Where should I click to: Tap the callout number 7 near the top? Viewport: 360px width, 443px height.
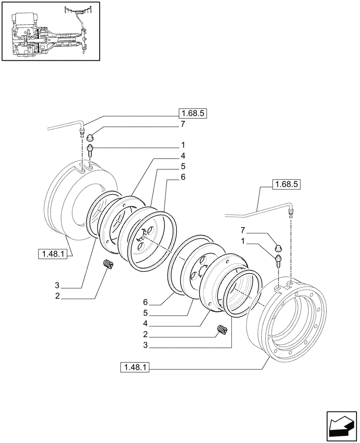click(182, 124)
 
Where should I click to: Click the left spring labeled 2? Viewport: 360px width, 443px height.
click(108, 264)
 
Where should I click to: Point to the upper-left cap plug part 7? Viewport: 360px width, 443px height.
click(90, 136)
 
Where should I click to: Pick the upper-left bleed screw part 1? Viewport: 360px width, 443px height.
click(90, 151)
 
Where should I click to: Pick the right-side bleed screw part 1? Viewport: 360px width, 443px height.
click(279, 261)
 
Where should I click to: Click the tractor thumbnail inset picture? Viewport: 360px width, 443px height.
click(50, 31)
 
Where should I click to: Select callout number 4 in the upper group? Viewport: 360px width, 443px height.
click(182, 156)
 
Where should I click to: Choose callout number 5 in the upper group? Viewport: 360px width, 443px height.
click(182, 167)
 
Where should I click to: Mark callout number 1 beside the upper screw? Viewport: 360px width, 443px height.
click(182, 145)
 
